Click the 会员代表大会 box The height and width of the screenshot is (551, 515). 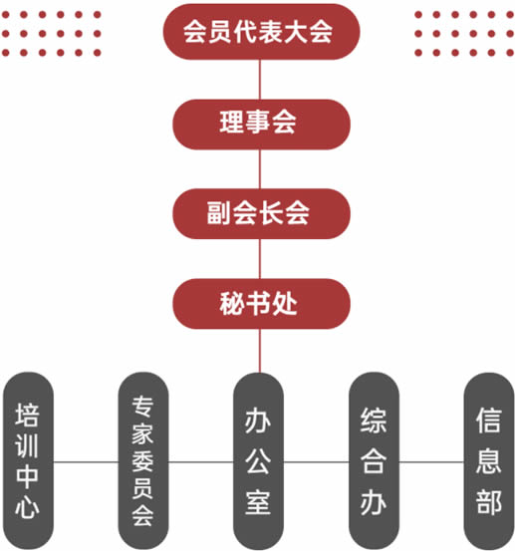tap(261, 32)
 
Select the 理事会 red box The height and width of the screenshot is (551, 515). tap(261, 125)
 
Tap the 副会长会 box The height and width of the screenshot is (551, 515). tap(261, 213)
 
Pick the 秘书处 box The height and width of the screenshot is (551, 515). tap(261, 304)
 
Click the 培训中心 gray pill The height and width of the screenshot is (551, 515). tap(28, 461)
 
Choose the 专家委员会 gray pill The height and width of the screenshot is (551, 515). tap(143, 461)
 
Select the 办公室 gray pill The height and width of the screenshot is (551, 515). tap(259, 461)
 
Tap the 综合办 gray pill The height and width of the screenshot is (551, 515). tap(374, 461)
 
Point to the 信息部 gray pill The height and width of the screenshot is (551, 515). tap(489, 461)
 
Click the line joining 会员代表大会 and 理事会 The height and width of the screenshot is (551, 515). tap(260, 80)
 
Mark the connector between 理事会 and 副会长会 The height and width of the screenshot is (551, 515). tap(260, 169)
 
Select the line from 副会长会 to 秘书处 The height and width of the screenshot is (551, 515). tap(260, 259)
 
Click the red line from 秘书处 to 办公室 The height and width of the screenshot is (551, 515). tap(260, 351)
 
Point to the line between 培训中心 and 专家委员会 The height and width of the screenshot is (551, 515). tap(86, 462)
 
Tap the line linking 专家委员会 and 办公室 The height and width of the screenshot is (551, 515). tap(201, 462)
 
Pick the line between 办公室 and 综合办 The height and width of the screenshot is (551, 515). tap(316, 462)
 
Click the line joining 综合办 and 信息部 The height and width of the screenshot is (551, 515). tap(431, 462)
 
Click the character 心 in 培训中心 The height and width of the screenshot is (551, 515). tap(28, 507)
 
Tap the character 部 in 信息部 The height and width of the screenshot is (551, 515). tap(489, 502)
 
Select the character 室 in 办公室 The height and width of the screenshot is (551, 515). tap(258, 502)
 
